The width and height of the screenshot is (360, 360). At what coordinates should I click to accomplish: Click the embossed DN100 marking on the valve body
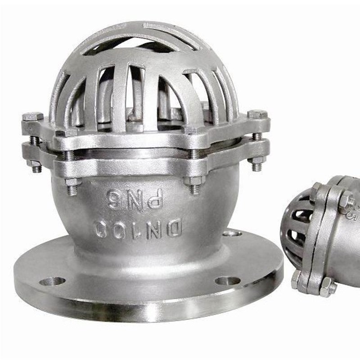pyautogui.click(x=139, y=229)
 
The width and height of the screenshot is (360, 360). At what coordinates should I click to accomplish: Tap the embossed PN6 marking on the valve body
pyautogui.click(x=135, y=199)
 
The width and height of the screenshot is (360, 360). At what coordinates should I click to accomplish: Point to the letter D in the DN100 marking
pyautogui.click(x=175, y=228)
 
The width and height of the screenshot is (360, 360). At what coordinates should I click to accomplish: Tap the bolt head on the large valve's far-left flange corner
pyautogui.click(x=33, y=116)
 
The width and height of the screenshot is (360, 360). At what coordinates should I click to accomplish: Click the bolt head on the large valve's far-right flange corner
pyautogui.click(x=257, y=114)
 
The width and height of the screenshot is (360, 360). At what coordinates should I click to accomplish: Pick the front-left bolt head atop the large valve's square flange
pyautogui.click(x=66, y=132)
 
